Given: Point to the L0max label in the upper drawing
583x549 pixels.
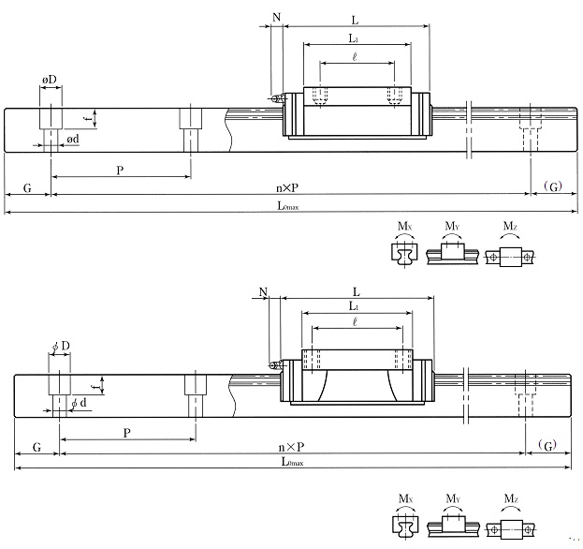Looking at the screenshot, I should coord(288,207).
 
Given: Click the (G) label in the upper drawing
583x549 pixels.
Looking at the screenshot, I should coord(552,188).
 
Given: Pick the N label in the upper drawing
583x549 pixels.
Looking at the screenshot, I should coord(276,18).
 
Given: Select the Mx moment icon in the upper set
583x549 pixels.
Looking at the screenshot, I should coord(404,249).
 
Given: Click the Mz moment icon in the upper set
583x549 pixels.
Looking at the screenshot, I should coord(510,249).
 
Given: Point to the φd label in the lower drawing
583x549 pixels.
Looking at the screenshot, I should coord(80,404).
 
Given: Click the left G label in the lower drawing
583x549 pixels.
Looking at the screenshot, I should coord(36,448).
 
